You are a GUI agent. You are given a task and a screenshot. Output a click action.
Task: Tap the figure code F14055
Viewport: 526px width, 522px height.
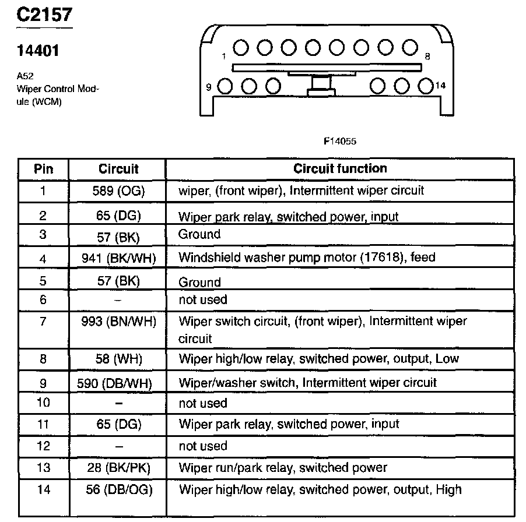[x=339, y=141]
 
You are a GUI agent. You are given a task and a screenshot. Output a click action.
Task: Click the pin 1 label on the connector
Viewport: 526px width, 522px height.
[x=223, y=57]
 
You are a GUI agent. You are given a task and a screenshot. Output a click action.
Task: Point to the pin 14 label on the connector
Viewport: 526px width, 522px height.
[x=440, y=85]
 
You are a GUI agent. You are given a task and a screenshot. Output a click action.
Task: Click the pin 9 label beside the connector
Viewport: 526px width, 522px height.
[x=208, y=87]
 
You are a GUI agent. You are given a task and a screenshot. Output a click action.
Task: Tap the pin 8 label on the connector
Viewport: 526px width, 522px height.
[x=427, y=57]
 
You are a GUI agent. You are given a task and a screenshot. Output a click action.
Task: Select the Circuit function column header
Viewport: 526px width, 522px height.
[x=340, y=169]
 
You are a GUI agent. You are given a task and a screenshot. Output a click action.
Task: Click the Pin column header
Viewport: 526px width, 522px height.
[x=43, y=169]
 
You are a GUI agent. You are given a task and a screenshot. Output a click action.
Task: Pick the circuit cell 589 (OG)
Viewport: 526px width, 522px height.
[x=118, y=191]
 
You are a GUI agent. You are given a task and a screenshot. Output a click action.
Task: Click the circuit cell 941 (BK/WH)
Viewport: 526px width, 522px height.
[x=118, y=258]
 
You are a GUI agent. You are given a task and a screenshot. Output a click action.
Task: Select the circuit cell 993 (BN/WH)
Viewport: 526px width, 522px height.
[x=118, y=321]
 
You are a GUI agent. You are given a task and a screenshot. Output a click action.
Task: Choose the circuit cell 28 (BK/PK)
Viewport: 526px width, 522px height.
[x=118, y=468]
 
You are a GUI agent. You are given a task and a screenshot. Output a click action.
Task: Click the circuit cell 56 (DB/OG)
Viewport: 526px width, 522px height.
[x=118, y=489]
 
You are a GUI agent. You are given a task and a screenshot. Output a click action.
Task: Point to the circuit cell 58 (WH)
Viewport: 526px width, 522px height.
[x=118, y=359]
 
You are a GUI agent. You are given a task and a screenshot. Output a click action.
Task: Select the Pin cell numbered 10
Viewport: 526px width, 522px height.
[x=43, y=403]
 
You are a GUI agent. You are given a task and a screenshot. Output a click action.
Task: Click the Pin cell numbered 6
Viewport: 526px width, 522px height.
[x=43, y=300]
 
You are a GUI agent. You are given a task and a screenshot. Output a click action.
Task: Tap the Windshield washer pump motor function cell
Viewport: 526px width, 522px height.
[x=307, y=258]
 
